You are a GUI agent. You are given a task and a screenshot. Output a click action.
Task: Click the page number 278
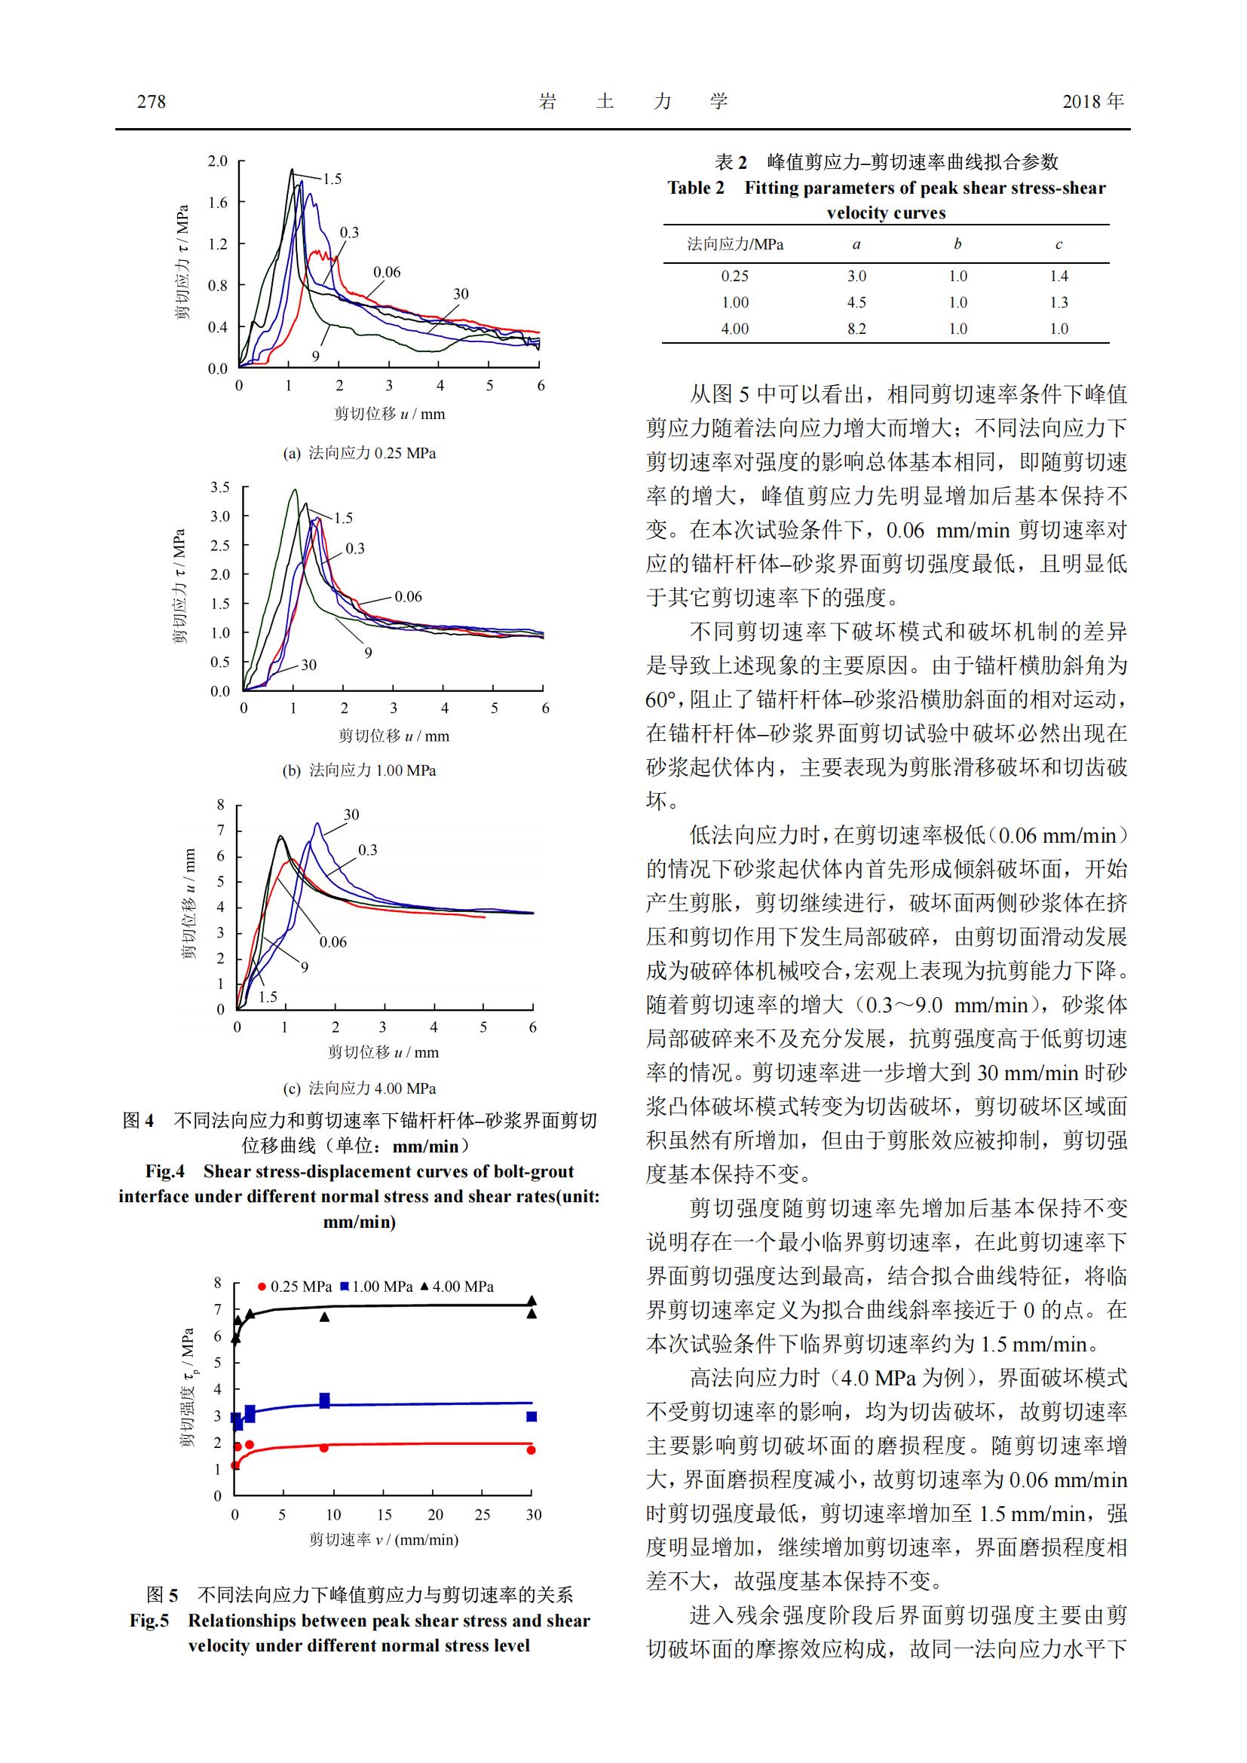[x=152, y=101]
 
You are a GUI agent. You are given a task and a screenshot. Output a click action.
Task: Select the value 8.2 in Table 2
[x=856, y=329]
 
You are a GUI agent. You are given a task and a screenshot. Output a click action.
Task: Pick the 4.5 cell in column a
[x=856, y=302]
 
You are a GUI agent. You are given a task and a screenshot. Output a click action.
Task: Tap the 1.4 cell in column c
[x=1058, y=276]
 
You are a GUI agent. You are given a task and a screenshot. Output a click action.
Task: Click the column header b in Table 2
[x=957, y=244]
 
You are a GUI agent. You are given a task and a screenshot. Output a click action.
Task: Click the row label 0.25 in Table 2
[x=734, y=276]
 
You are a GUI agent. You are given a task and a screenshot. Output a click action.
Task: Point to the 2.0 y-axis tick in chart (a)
[x=217, y=161]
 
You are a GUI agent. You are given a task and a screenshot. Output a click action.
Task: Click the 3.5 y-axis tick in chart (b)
[x=219, y=488]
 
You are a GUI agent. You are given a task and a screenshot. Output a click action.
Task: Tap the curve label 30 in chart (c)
[x=351, y=815]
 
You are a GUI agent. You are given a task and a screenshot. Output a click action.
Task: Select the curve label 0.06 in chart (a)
[x=387, y=272]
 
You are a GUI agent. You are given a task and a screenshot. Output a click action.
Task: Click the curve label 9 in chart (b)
[x=369, y=653]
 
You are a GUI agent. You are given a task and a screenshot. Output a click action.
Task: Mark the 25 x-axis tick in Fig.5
[x=483, y=1515]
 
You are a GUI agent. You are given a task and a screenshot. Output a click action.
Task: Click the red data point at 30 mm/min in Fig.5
[x=531, y=1450]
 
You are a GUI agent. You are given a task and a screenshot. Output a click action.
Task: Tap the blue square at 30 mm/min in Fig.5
[x=532, y=1417]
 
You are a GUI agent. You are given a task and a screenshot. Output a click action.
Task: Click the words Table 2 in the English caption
[x=696, y=188]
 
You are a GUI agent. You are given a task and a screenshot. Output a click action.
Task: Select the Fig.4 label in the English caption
[x=165, y=1172]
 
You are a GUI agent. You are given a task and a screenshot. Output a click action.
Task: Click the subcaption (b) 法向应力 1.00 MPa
[x=359, y=770]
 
